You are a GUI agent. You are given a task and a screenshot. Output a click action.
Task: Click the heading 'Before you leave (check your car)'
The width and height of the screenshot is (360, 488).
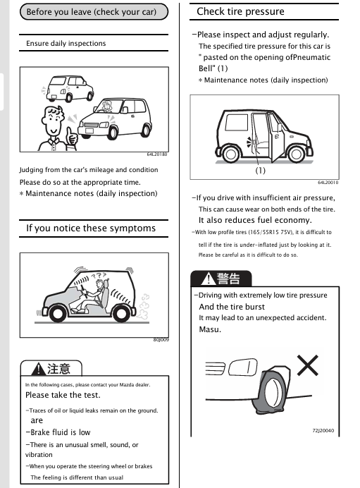coord(92,12)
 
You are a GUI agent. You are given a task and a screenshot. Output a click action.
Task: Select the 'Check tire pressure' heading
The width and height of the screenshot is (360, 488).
coord(240,11)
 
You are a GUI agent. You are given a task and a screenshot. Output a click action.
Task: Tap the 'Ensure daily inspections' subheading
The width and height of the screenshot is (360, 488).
coord(66,43)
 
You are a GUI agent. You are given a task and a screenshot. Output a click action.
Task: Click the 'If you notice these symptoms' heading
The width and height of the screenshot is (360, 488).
coord(91,228)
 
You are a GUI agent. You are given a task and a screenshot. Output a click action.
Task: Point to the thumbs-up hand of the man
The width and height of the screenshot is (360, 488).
coord(71,136)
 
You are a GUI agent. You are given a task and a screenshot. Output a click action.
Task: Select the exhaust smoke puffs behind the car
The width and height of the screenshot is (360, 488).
coord(143,307)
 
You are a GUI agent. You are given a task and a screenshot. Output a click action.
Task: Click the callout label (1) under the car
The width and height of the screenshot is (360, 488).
coord(260,170)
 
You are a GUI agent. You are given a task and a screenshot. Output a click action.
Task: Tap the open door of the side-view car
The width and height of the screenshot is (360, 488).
coord(275,138)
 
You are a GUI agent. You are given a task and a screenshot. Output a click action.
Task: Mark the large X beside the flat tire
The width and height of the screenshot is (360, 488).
coord(307,365)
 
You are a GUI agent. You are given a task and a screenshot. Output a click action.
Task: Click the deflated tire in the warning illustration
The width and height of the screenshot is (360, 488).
coord(271,390)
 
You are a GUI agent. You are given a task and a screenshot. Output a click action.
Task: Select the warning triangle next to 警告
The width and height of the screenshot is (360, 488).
coord(209,279)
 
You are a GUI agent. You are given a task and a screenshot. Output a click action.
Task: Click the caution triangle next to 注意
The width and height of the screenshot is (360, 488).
coord(39,369)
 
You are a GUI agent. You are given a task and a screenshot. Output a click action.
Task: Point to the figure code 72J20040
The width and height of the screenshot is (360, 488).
coord(323,430)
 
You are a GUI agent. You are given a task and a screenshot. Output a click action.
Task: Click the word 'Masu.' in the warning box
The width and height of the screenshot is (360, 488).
coord(210,329)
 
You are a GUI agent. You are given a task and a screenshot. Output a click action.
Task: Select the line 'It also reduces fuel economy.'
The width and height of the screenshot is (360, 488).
coord(255,220)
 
